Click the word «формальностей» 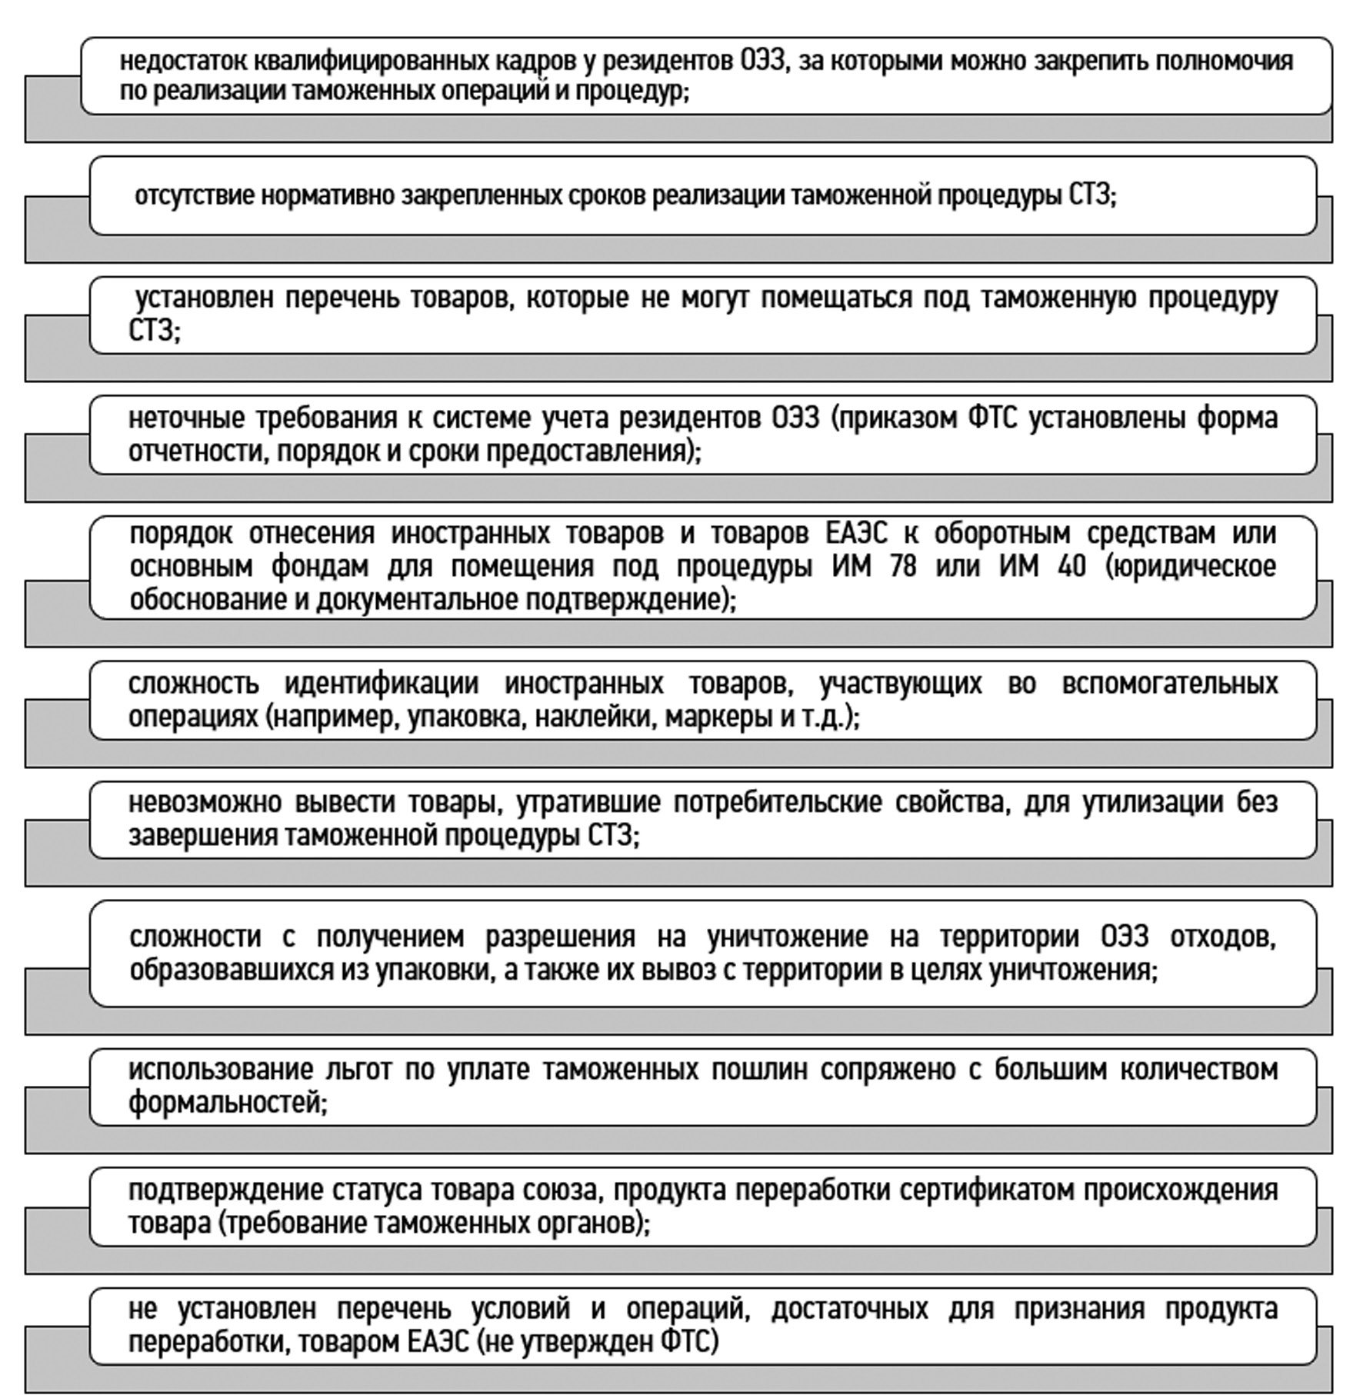coord(228,1104)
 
